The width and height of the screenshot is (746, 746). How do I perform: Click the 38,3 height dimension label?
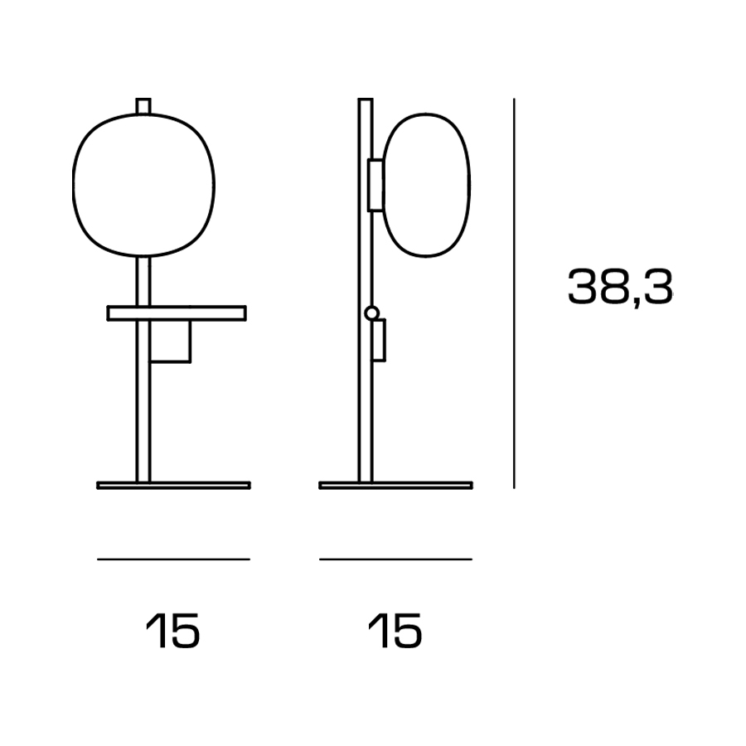point(620,287)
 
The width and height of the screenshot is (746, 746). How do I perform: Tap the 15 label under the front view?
point(173,631)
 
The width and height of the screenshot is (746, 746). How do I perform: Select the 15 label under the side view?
point(395,631)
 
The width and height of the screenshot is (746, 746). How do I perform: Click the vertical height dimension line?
point(514,293)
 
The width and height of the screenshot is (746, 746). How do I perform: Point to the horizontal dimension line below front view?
point(174,559)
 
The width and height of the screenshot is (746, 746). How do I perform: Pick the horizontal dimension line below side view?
point(396,559)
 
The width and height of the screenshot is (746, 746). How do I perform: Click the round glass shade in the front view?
point(72,185)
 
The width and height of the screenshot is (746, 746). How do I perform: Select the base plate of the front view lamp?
point(174,485)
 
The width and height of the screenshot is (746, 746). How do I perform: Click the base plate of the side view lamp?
point(396,485)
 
